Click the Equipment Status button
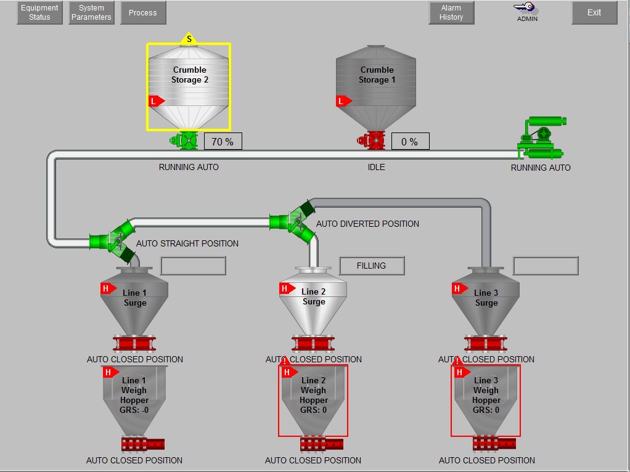click(39, 12)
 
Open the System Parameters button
click(91, 12)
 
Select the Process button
click(143, 12)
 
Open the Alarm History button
click(451, 12)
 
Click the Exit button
click(594, 12)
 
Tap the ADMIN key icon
click(526, 8)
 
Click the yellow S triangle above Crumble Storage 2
click(189, 39)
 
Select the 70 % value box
click(223, 142)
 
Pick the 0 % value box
click(410, 142)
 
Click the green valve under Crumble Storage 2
click(186, 141)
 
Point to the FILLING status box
click(372, 266)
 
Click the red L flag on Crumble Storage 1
click(343, 101)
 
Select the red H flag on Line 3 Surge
click(459, 288)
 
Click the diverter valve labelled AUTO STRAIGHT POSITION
click(115, 241)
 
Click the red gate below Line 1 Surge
click(134, 344)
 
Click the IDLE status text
click(376, 167)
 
